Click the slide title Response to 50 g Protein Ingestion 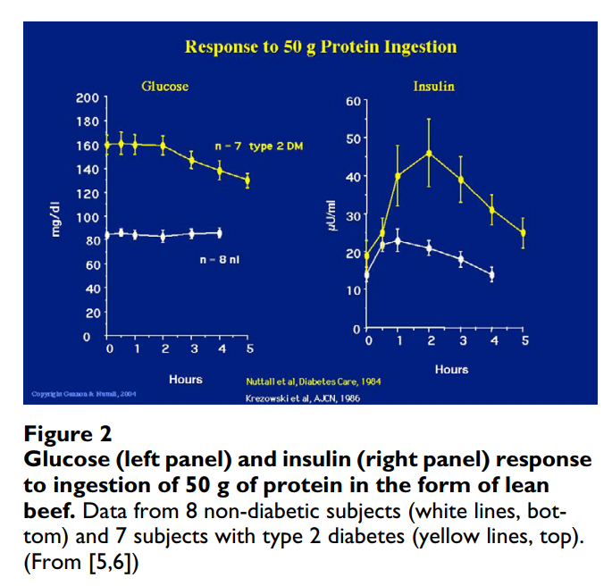[x=320, y=46]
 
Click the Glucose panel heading [x=165, y=87]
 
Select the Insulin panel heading [x=433, y=87]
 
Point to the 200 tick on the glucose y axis [x=88, y=97]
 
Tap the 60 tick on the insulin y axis [x=352, y=102]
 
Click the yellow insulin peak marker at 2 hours [x=430, y=153]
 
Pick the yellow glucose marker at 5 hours [x=247, y=180]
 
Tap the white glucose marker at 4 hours [x=220, y=233]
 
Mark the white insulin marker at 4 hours [x=491, y=274]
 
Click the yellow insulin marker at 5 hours [x=523, y=233]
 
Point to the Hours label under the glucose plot [x=186, y=380]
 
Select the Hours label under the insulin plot [x=452, y=369]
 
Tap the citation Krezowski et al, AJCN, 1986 [x=303, y=398]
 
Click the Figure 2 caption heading [x=68, y=435]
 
